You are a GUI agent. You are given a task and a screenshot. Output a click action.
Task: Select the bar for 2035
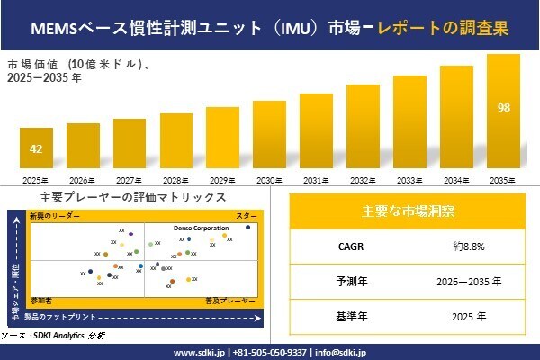pos(503,112)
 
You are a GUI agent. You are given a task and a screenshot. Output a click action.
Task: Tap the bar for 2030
pos(269,136)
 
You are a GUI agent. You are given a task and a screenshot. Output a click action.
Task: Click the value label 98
pos(503,108)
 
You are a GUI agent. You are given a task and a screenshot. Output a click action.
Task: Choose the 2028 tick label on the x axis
pos(175,181)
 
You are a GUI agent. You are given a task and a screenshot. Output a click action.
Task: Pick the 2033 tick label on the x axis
pos(409,181)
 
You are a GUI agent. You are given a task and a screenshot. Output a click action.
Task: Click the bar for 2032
pos(363,129)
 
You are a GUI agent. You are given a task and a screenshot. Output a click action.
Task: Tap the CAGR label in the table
pos(346,245)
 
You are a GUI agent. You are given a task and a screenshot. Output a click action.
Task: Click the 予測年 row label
pos(346,281)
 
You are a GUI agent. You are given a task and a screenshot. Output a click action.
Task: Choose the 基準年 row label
pos(346,316)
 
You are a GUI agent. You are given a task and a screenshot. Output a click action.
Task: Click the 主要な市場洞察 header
pos(408,211)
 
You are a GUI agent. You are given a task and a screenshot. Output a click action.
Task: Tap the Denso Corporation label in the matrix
pos(201,229)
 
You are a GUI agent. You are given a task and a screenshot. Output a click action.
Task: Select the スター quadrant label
pos(246,217)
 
